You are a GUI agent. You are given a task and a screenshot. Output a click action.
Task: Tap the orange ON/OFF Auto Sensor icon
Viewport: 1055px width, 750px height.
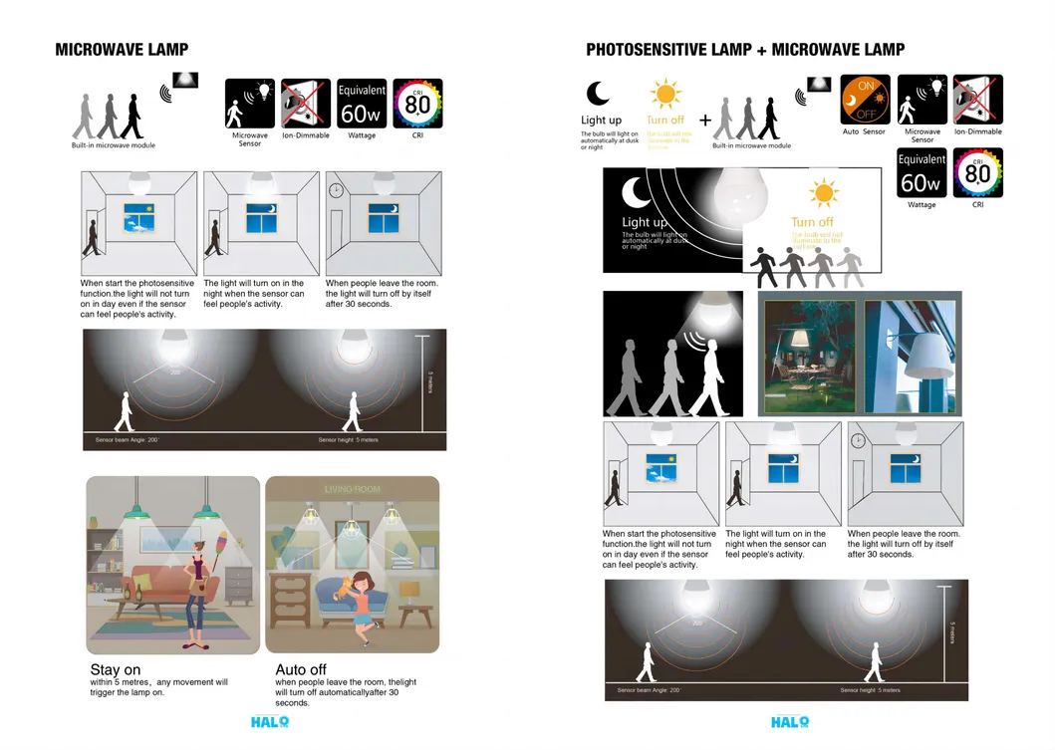(865, 99)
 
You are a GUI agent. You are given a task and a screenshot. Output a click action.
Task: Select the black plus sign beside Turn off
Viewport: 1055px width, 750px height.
(705, 121)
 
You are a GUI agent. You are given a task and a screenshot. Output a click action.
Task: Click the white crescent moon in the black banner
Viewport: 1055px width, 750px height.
(637, 192)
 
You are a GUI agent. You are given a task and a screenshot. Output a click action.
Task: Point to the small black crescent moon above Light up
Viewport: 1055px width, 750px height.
(598, 94)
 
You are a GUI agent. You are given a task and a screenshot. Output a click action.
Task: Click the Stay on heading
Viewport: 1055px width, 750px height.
(116, 669)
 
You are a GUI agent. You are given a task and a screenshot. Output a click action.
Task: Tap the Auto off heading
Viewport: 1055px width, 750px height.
(301, 669)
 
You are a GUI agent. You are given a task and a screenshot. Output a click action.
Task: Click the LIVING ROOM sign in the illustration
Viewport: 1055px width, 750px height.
(352, 489)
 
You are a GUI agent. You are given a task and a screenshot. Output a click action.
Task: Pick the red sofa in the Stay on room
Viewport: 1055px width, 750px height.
(159, 588)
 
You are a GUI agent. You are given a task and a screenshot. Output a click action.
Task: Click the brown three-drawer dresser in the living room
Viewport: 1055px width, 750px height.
(290, 599)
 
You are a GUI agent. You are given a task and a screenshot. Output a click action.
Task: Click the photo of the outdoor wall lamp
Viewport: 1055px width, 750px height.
(911, 357)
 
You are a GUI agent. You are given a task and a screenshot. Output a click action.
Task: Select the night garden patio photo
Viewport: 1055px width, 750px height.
(810, 357)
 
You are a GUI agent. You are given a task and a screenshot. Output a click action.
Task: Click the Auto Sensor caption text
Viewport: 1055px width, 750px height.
(864, 131)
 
